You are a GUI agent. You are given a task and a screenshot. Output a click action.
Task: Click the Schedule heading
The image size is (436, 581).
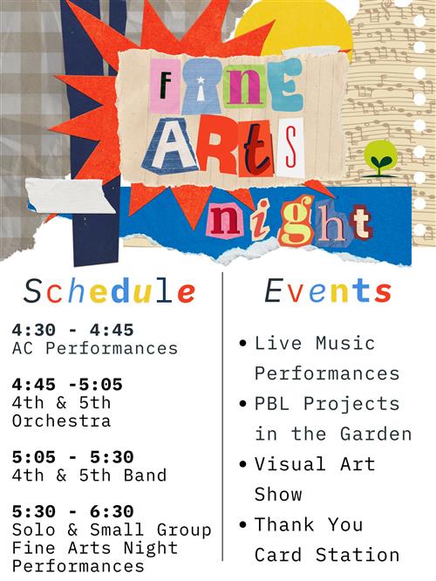click(109, 291)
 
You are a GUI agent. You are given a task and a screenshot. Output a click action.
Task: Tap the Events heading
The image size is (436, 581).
click(328, 291)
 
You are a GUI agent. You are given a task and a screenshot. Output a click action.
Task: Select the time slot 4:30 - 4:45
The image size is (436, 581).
click(72, 330)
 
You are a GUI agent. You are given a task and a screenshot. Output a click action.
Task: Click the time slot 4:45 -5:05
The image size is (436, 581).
click(67, 385)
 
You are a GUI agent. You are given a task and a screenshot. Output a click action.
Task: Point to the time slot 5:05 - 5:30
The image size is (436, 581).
click(72, 457)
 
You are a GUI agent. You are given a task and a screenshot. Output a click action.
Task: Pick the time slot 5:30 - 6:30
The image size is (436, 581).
click(72, 512)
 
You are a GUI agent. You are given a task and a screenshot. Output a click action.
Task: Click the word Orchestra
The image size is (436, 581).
click(62, 421)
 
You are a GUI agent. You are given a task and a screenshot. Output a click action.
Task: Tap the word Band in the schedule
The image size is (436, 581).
click(146, 475)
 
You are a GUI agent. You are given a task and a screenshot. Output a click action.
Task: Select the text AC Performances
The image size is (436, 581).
click(95, 348)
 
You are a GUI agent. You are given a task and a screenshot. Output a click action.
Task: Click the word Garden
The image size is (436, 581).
click(376, 434)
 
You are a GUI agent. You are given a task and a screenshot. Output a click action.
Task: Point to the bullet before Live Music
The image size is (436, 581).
click(243, 343)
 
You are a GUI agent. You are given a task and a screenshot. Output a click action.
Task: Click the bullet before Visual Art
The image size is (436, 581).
click(243, 464)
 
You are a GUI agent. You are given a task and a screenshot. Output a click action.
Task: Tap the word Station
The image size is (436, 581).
click(358, 555)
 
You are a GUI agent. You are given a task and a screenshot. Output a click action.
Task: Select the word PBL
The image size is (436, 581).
click(272, 404)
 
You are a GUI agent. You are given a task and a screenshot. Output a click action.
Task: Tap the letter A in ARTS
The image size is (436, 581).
click(170, 146)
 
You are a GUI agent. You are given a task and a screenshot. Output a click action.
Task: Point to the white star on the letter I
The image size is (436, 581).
click(201, 79)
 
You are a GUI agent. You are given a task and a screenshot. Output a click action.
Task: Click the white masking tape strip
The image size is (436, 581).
click(71, 195)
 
